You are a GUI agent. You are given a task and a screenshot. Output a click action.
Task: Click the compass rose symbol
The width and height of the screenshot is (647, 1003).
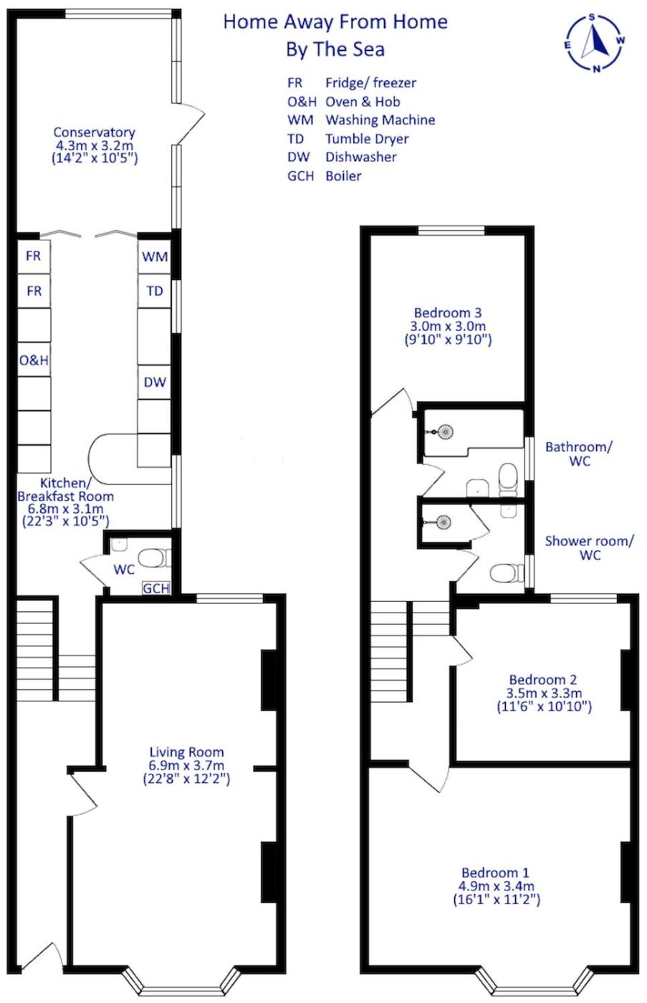point(594,43)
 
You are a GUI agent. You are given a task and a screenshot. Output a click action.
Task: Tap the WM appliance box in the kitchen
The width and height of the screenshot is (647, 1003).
point(155,257)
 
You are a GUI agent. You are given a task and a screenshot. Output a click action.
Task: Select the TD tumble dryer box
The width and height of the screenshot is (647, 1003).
point(155,291)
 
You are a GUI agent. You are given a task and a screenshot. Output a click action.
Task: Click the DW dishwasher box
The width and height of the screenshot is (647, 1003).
point(155,382)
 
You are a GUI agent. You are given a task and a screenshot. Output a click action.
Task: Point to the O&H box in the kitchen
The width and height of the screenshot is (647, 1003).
point(34,360)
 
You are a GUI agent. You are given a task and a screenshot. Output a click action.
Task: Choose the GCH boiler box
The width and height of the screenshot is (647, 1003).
point(156,588)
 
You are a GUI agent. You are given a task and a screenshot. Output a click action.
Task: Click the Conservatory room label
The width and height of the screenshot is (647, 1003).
point(94,133)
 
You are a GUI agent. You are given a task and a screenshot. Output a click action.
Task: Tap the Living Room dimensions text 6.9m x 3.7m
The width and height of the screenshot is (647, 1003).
point(186,765)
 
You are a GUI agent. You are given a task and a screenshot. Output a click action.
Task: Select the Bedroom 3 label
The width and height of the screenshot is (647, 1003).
point(448,312)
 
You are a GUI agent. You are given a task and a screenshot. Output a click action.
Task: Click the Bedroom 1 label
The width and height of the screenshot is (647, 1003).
point(495,873)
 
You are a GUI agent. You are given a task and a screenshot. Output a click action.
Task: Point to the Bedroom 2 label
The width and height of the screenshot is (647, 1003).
point(543,680)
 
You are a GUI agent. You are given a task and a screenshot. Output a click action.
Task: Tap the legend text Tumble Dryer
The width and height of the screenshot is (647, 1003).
point(367,139)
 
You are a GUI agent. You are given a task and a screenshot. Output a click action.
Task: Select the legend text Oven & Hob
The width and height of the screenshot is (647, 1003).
point(363,102)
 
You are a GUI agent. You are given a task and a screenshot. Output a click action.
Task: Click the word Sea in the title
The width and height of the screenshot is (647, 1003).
point(368,49)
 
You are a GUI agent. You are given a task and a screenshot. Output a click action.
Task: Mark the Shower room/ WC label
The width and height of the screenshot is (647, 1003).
point(589,547)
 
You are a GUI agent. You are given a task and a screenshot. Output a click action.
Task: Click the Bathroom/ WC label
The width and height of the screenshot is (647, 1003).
point(579,453)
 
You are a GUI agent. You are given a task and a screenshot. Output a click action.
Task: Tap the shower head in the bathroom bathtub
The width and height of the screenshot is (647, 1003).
point(446,432)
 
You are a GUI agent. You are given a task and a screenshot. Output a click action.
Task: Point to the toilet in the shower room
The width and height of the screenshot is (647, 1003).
point(507,573)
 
